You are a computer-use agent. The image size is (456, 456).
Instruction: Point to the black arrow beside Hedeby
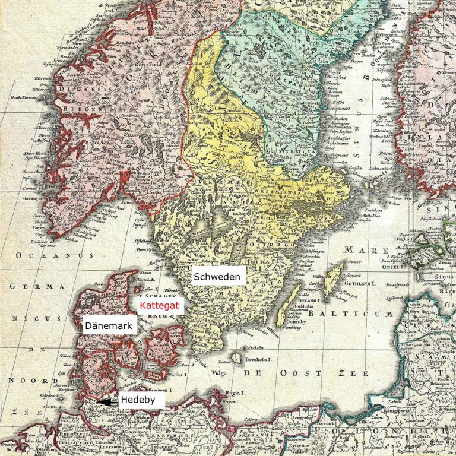point(106,402)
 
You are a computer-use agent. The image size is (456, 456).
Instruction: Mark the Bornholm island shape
point(237,358)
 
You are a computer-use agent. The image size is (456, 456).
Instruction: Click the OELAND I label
point(306,300)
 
